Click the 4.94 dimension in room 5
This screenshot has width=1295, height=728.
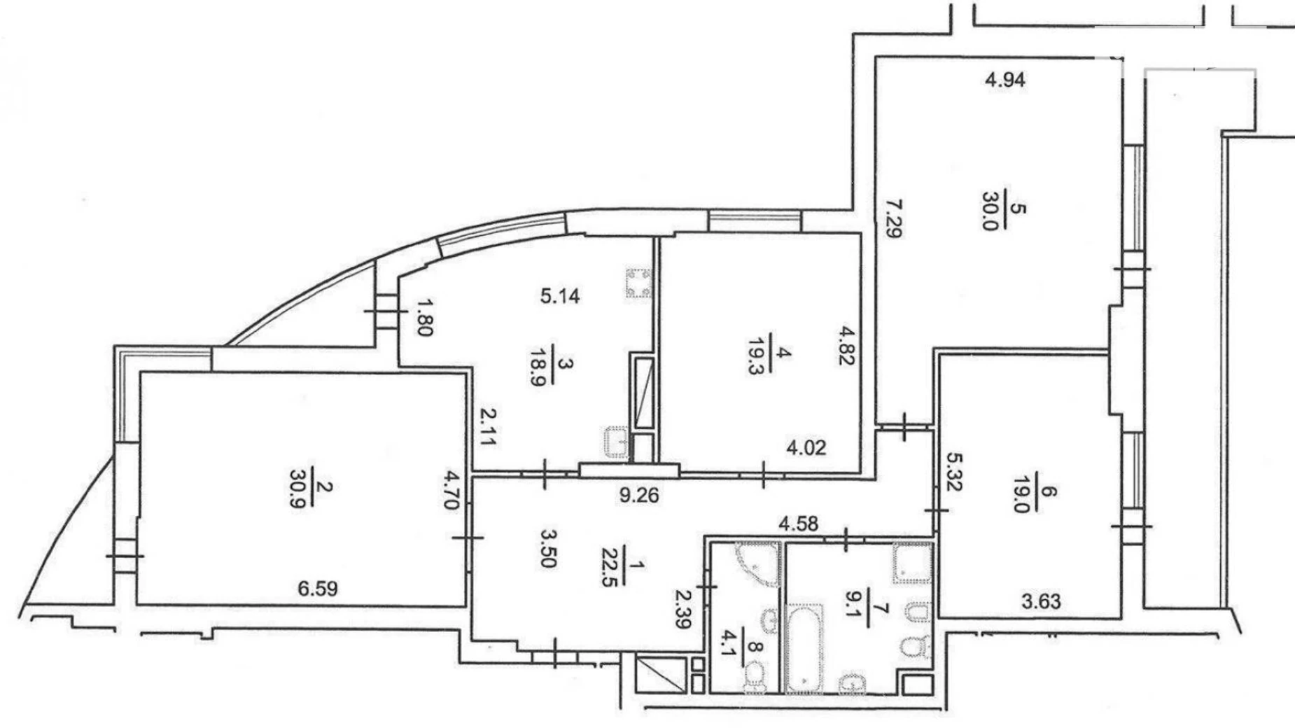click(x=1005, y=80)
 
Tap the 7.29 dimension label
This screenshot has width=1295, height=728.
click(x=893, y=219)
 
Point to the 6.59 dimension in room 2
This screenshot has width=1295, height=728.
click(x=318, y=589)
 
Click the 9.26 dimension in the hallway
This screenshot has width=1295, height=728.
click(x=639, y=496)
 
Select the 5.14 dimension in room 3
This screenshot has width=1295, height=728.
click(x=560, y=296)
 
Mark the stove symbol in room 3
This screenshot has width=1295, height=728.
click(x=638, y=283)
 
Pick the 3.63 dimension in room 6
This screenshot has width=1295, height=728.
click(x=1041, y=601)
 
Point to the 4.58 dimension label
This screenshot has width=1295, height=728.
click(x=799, y=524)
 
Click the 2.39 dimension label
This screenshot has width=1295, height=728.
click(x=684, y=608)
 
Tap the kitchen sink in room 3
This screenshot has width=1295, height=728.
click(x=617, y=442)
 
